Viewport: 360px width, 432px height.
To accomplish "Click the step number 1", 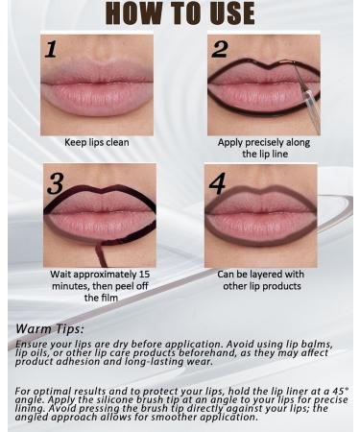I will [x=51, y=51].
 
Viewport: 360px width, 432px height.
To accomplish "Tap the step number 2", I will [x=219, y=50].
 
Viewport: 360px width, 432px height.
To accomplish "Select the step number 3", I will [x=55, y=183].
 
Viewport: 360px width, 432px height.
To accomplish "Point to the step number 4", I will [x=219, y=183].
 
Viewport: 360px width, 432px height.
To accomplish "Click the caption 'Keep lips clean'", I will [x=97, y=142].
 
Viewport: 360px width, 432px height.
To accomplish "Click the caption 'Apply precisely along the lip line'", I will [x=260, y=147].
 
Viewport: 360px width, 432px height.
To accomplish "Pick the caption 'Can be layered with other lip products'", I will [x=260, y=279].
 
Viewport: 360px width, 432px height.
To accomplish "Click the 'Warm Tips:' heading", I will [x=49, y=328].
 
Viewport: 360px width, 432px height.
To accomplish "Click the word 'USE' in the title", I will [x=226, y=13].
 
